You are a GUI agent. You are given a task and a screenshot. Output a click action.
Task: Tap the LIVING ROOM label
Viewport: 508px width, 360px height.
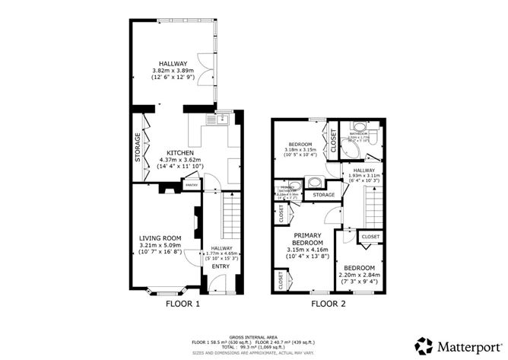click(160, 238)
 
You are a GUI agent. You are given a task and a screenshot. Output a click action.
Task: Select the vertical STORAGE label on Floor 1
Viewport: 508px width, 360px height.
click(137, 147)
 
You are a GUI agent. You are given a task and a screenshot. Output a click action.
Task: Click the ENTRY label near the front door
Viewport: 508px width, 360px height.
click(220, 266)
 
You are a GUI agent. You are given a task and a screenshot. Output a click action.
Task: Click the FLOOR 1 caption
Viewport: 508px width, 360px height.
click(183, 303)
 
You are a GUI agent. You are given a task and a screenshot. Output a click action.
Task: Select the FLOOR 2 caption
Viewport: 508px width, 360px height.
click(329, 303)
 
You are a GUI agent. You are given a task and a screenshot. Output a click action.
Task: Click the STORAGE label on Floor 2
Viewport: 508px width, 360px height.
click(323, 196)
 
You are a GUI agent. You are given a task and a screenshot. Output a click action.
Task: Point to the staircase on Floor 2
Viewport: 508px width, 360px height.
click(371, 206)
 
